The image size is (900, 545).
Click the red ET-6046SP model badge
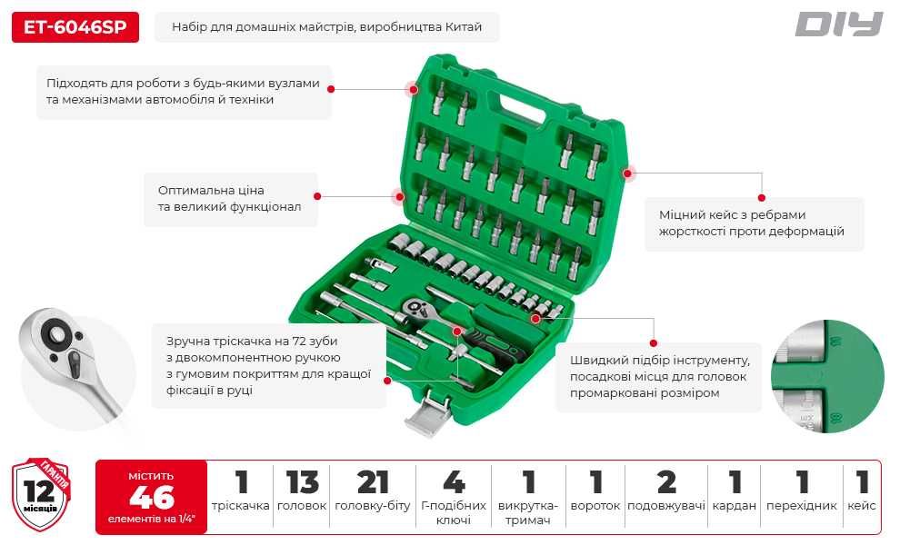[75, 27]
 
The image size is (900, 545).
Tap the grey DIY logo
[839, 25]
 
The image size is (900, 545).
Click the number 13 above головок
[303, 482]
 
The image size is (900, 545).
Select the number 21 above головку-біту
[373, 482]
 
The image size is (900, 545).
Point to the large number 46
[152, 497]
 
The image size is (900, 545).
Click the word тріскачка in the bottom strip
[240, 506]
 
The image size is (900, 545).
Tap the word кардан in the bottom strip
[735, 506]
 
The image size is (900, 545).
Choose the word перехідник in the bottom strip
[801, 506]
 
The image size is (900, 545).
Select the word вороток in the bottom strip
[595, 506]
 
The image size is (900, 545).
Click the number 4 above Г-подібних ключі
[454, 482]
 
